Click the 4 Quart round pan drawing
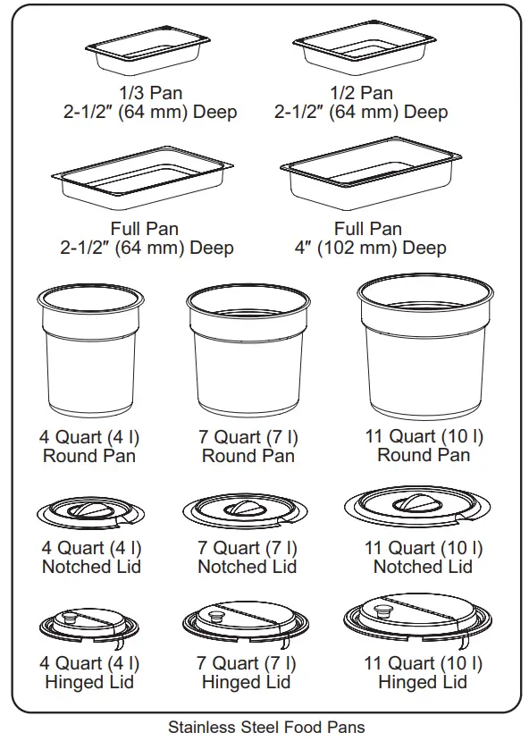pyautogui.click(x=88, y=353)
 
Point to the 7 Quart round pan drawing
pyautogui.click(x=248, y=353)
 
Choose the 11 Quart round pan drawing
pyautogui.click(x=424, y=344)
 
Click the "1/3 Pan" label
pyautogui.click(x=148, y=93)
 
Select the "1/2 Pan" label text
pyautogui.click(x=361, y=93)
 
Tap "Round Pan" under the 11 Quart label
pyautogui.click(x=424, y=455)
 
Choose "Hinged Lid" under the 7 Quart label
pyautogui.click(x=247, y=683)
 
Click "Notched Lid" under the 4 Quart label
pyautogui.click(x=91, y=567)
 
